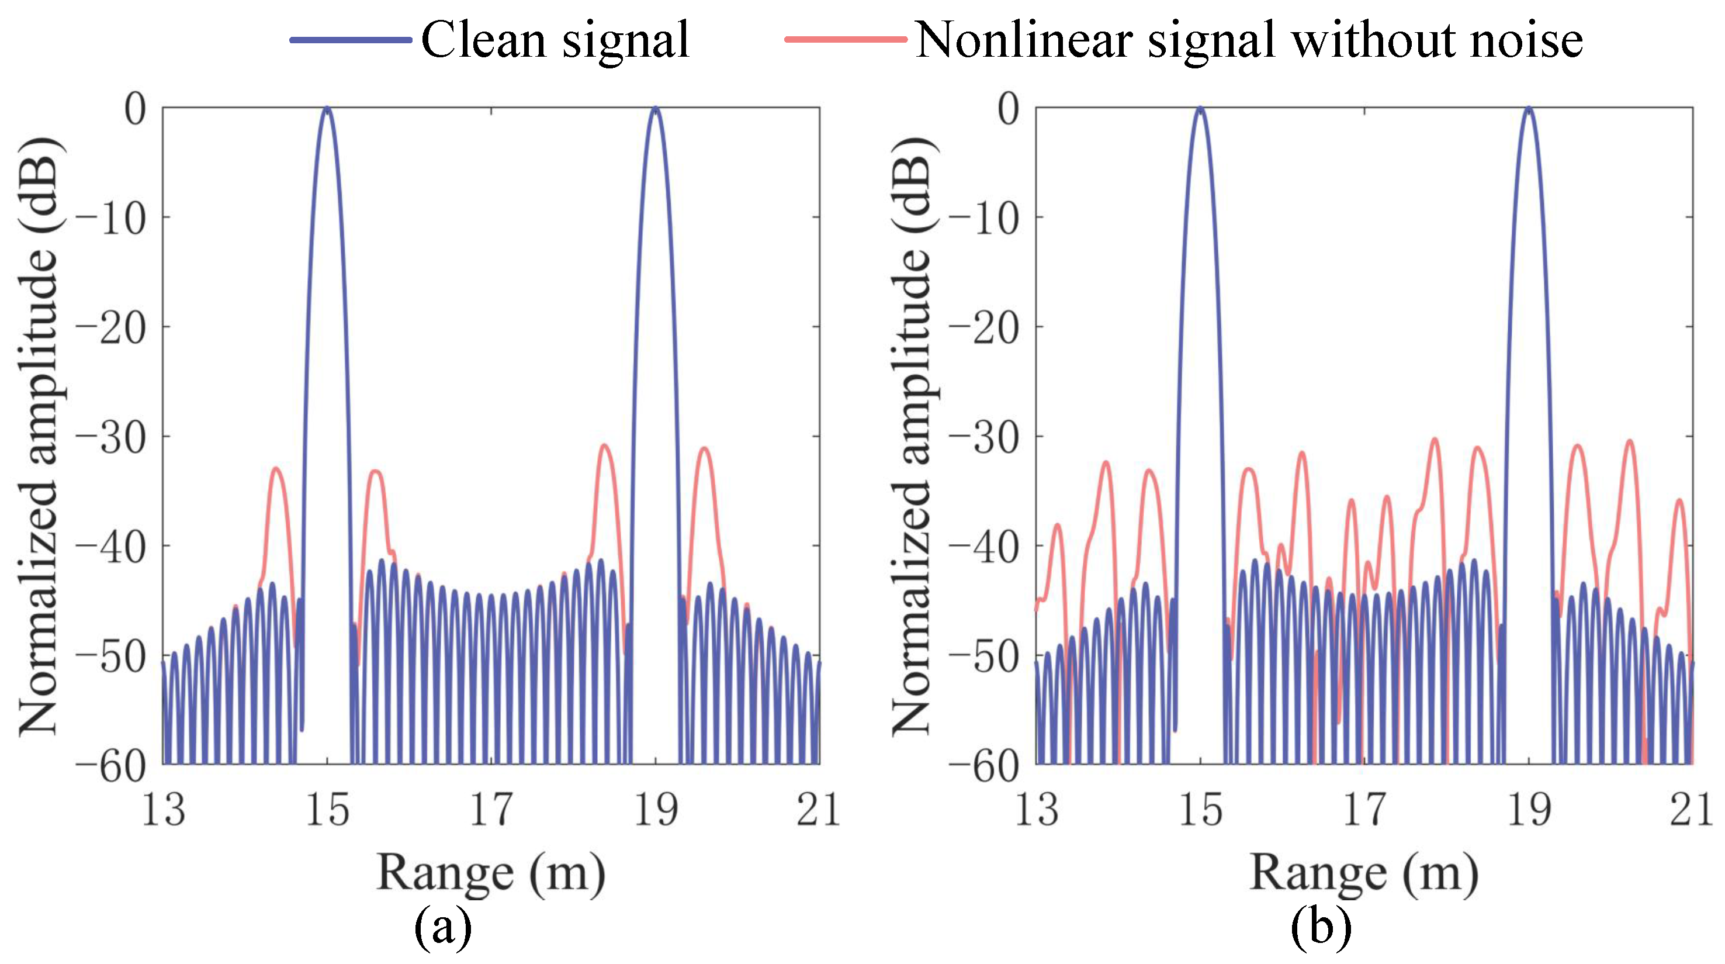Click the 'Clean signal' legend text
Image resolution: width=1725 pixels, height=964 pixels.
coord(555,40)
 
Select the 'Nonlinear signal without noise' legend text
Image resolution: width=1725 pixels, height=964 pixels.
coord(1248,40)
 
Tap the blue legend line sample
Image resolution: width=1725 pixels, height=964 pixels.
coord(350,40)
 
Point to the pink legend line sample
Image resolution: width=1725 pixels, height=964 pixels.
coord(845,40)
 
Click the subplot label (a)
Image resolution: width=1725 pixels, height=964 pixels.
coord(442,928)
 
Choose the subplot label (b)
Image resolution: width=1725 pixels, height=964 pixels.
coord(1321,928)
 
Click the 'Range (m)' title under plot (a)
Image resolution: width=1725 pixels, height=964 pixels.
coord(491,873)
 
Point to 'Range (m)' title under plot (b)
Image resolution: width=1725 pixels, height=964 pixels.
coord(1364,873)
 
